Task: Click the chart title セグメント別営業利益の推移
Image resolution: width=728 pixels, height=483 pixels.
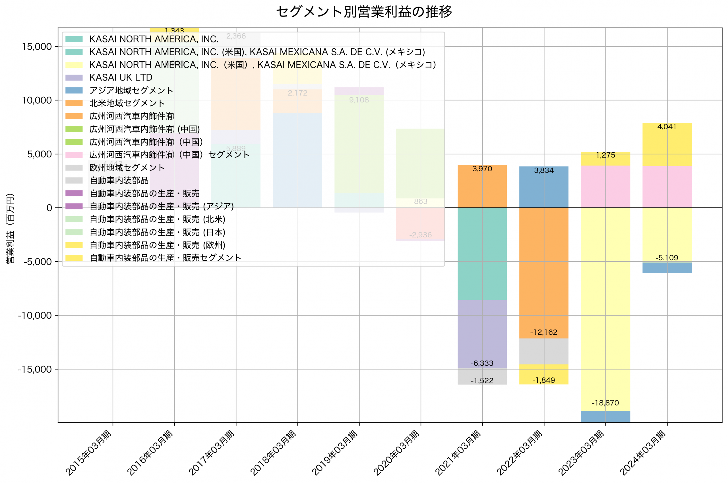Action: coord(364,12)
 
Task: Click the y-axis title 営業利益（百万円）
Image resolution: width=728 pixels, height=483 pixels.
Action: coord(10,228)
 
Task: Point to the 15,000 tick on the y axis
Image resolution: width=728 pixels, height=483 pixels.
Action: coord(37,46)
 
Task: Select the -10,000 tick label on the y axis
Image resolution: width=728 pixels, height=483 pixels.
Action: coord(34,315)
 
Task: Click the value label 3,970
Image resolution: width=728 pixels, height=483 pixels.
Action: coord(482,169)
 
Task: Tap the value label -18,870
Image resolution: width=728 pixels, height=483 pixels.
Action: coord(605,403)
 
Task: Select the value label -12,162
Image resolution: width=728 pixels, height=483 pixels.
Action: coord(544,332)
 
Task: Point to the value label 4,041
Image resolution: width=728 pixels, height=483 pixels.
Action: coord(667,127)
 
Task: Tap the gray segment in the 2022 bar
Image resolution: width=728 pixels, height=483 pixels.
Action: coord(544,352)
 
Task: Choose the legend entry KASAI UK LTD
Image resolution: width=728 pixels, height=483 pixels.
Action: coord(121,77)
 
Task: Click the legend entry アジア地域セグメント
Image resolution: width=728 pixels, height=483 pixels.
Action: coord(131,90)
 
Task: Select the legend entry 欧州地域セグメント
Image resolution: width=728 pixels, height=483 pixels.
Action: coord(127,168)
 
